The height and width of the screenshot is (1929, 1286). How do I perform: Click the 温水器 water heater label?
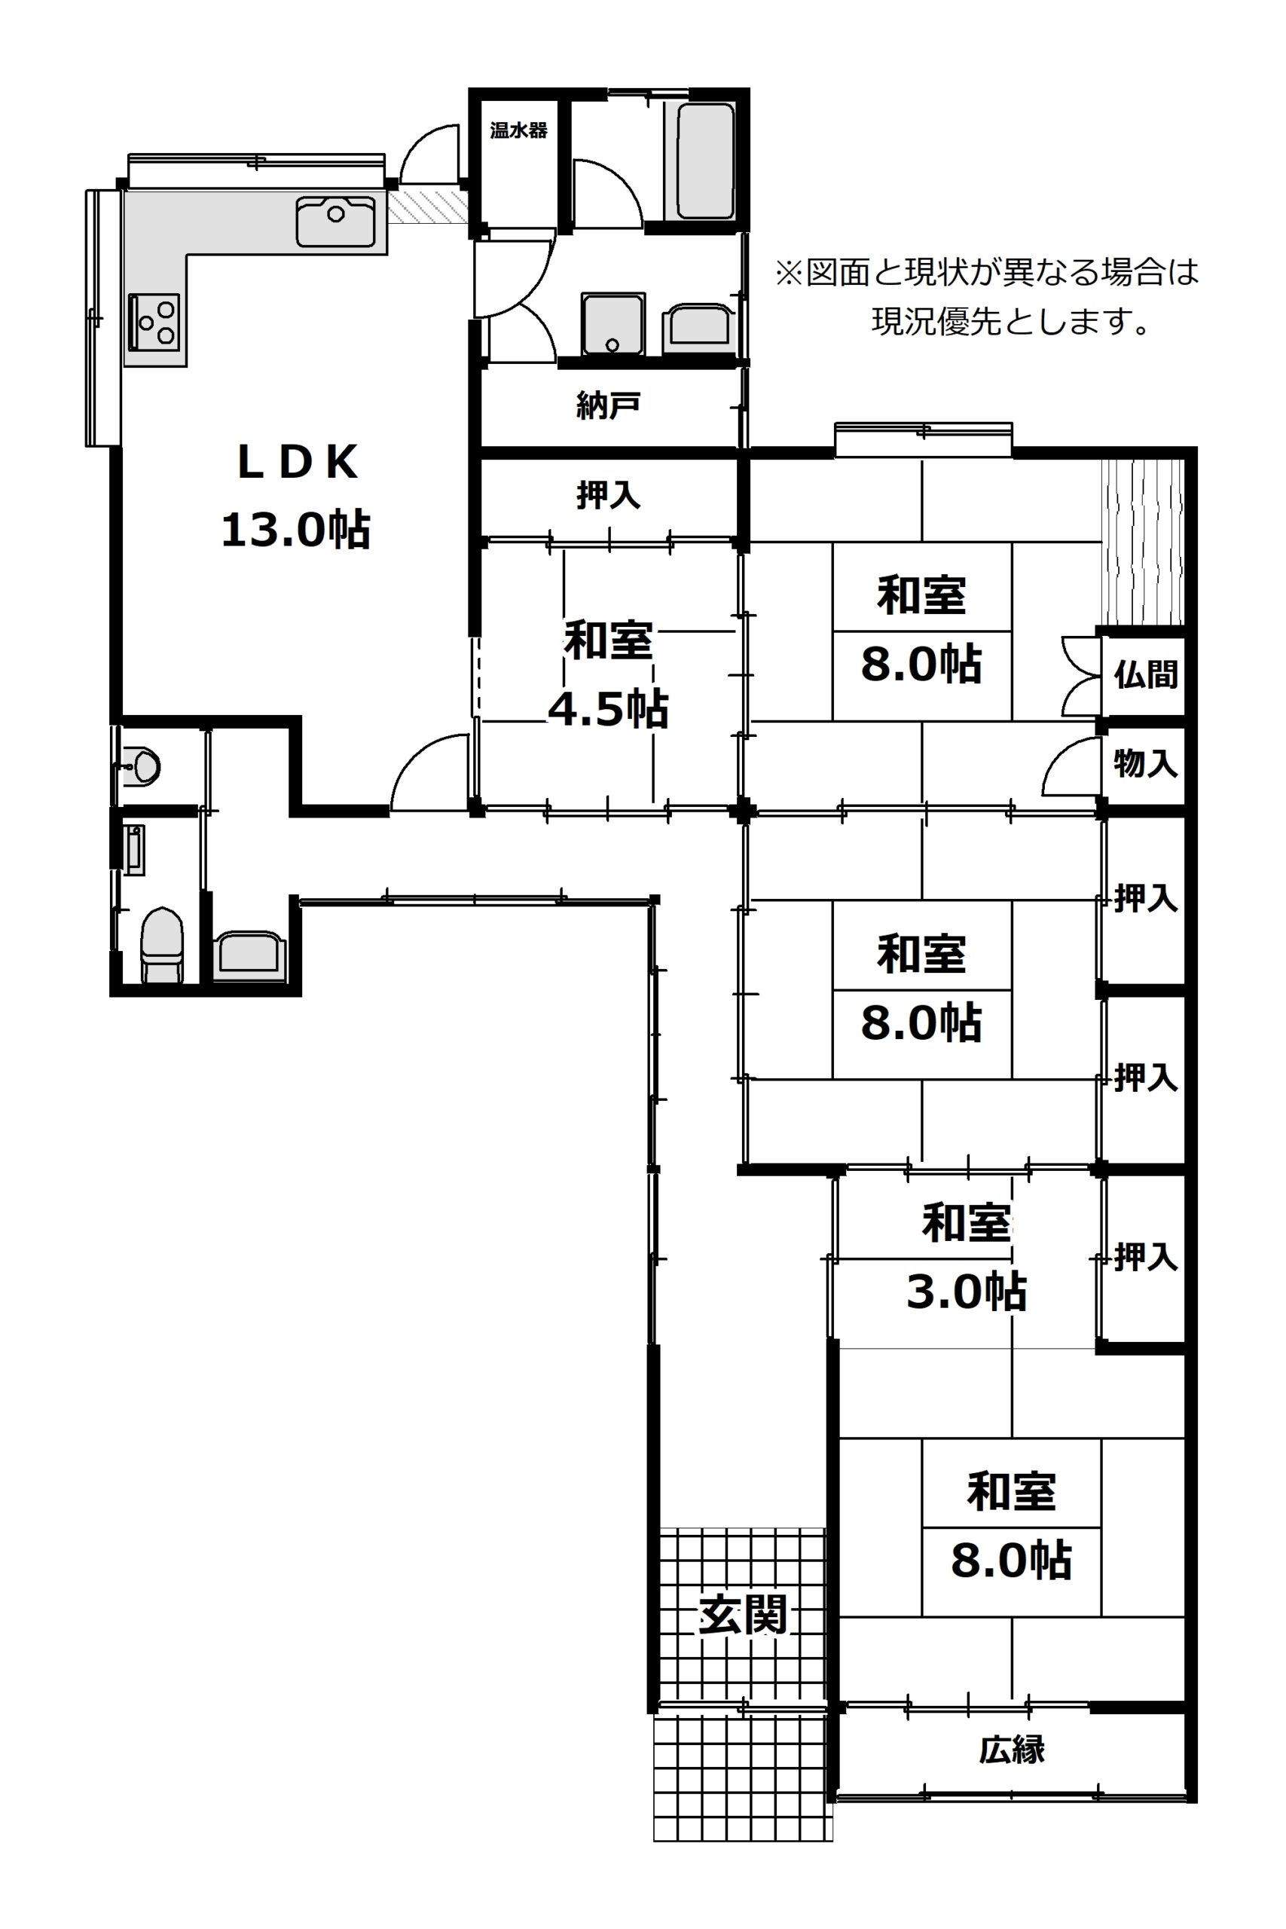tap(518, 130)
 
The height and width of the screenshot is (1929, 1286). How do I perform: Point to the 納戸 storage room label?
tap(608, 405)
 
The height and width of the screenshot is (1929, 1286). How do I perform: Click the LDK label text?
tap(298, 463)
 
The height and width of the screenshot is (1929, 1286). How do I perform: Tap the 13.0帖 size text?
tap(296, 529)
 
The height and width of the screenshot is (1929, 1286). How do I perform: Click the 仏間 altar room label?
tap(1145, 674)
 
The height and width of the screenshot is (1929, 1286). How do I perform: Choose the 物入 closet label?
tap(1145, 763)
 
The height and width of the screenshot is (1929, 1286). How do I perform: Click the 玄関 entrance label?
tap(743, 1615)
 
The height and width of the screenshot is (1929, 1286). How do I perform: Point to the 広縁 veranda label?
tap(1011, 1750)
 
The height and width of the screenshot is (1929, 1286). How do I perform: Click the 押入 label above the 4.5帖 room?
tap(608, 494)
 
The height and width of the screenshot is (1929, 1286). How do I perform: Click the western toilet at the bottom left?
tap(161, 945)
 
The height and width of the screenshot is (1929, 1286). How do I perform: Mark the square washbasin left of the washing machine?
tap(612, 323)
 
